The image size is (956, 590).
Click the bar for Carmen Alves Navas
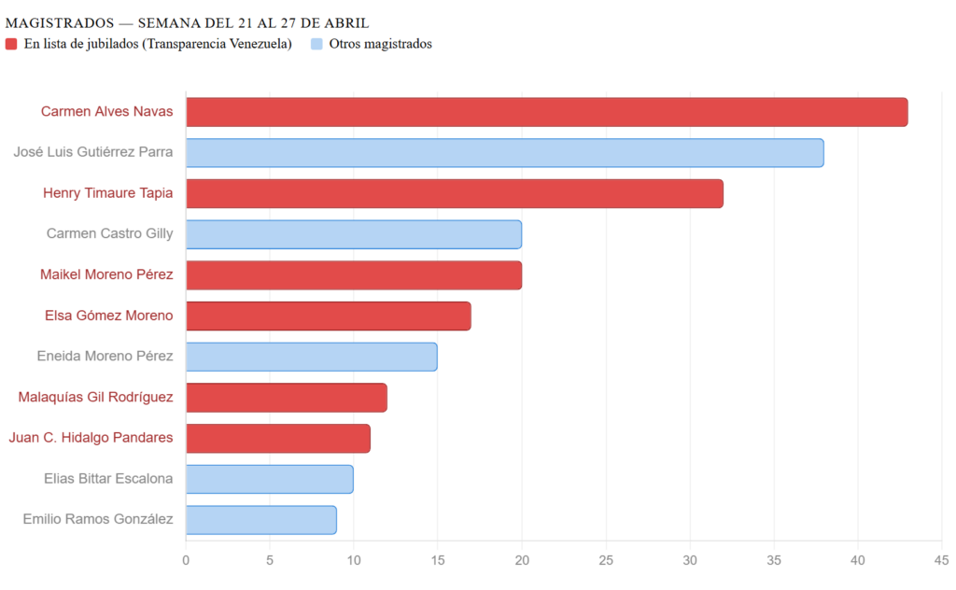click(546, 112)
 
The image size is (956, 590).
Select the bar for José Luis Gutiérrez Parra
click(504, 153)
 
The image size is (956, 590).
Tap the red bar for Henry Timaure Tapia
click(454, 194)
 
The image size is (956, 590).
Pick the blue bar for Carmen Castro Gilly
click(353, 234)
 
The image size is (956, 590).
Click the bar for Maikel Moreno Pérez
click(353, 275)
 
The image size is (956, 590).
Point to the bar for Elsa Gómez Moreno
click(328, 316)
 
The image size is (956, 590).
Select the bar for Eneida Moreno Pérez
click(311, 357)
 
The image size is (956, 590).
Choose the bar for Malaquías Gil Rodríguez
click(286, 398)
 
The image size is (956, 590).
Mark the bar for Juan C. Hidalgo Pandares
click(277, 439)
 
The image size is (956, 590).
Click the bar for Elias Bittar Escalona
click(269, 479)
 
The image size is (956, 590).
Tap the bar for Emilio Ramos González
click(260, 520)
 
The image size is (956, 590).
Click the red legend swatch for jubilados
click(11, 44)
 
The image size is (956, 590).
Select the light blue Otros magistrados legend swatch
click(317, 44)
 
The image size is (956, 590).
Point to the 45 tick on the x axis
click(941, 560)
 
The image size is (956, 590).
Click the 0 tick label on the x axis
click(186, 560)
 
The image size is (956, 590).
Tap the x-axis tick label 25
click(606, 560)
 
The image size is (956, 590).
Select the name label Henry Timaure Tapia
click(107, 194)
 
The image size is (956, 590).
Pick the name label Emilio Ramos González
click(98, 520)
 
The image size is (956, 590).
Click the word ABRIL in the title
click(345, 22)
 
